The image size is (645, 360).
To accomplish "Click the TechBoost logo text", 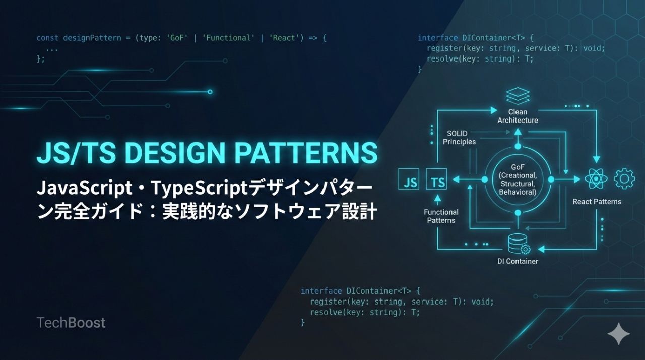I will click(71, 323).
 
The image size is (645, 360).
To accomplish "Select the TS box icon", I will click(437, 181).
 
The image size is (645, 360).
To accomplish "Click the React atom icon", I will click(596, 179).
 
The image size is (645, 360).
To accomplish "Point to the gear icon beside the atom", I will click(624, 179).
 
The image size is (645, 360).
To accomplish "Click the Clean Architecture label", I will click(518, 116).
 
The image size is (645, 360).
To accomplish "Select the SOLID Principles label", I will click(459, 138).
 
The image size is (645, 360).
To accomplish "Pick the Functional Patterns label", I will click(441, 216).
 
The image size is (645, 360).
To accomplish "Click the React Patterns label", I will click(597, 202).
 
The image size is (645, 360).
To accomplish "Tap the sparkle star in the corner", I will click(618, 334).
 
